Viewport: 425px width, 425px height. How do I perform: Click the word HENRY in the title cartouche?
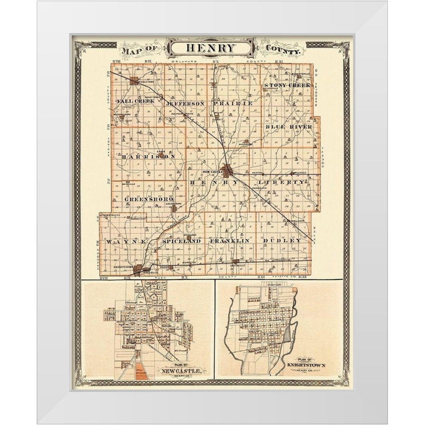(211, 48)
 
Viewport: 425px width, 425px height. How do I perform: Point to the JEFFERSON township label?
(185, 103)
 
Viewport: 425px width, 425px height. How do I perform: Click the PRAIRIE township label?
(233, 103)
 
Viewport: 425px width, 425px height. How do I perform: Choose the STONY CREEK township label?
(287, 85)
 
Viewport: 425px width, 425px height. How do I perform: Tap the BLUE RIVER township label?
(289, 127)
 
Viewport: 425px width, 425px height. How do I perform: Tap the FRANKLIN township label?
(230, 241)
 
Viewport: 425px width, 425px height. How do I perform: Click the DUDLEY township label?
(282, 241)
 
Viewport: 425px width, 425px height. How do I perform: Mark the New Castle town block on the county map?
(227, 170)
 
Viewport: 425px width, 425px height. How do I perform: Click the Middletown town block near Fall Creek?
(134, 80)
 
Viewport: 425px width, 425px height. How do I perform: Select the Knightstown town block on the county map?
(138, 269)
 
